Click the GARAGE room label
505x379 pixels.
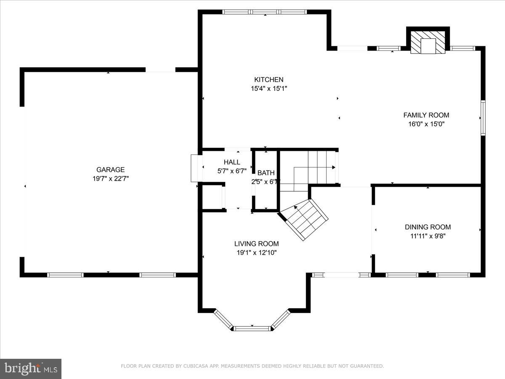110,170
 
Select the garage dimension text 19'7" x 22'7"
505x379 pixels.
110,179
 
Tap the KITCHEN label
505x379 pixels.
268,80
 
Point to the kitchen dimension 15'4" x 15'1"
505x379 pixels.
268,89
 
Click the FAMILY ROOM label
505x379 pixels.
426,115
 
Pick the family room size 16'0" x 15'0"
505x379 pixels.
426,124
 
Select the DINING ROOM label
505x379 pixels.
428,227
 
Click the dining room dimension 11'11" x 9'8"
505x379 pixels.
428,236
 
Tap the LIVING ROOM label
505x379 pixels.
256,243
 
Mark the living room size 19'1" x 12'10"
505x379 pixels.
256,253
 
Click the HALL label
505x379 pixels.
232,162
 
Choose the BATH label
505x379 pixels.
266,173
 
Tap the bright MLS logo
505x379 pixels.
31,368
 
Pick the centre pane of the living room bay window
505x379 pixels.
252,328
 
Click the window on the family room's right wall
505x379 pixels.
483,118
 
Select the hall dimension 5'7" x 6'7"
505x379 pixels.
232,171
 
